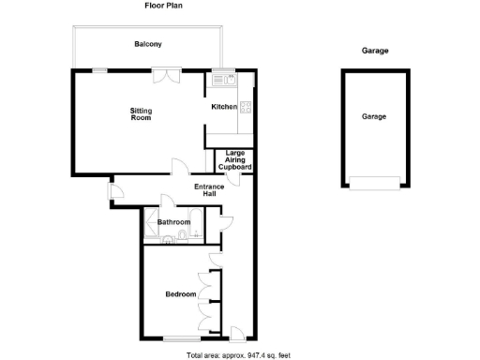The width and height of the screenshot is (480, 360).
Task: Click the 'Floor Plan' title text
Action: pyautogui.click(x=162, y=6)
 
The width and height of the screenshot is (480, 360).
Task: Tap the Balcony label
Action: pyautogui.click(x=147, y=45)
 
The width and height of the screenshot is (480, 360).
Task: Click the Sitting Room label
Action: pyautogui.click(x=141, y=114)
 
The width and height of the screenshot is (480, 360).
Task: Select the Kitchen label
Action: pyautogui.click(x=224, y=107)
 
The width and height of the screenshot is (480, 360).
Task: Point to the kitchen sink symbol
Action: pyautogui.click(x=226, y=80)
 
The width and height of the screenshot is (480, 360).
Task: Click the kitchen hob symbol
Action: pyautogui.click(x=246, y=106)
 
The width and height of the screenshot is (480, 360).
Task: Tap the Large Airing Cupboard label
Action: pyautogui.click(x=234, y=159)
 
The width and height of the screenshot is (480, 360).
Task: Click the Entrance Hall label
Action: pyautogui.click(x=208, y=190)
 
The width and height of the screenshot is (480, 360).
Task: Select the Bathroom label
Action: pyautogui.click(x=173, y=222)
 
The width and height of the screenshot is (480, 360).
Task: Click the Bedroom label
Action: pyautogui.click(x=180, y=294)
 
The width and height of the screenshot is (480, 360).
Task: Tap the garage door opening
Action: pyautogui.click(x=374, y=183)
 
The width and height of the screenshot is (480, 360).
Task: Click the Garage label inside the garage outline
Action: pyautogui.click(x=374, y=117)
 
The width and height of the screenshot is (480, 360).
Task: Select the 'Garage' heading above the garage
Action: pyautogui.click(x=374, y=51)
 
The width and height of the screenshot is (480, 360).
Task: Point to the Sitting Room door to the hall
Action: pyautogui.click(x=177, y=167)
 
